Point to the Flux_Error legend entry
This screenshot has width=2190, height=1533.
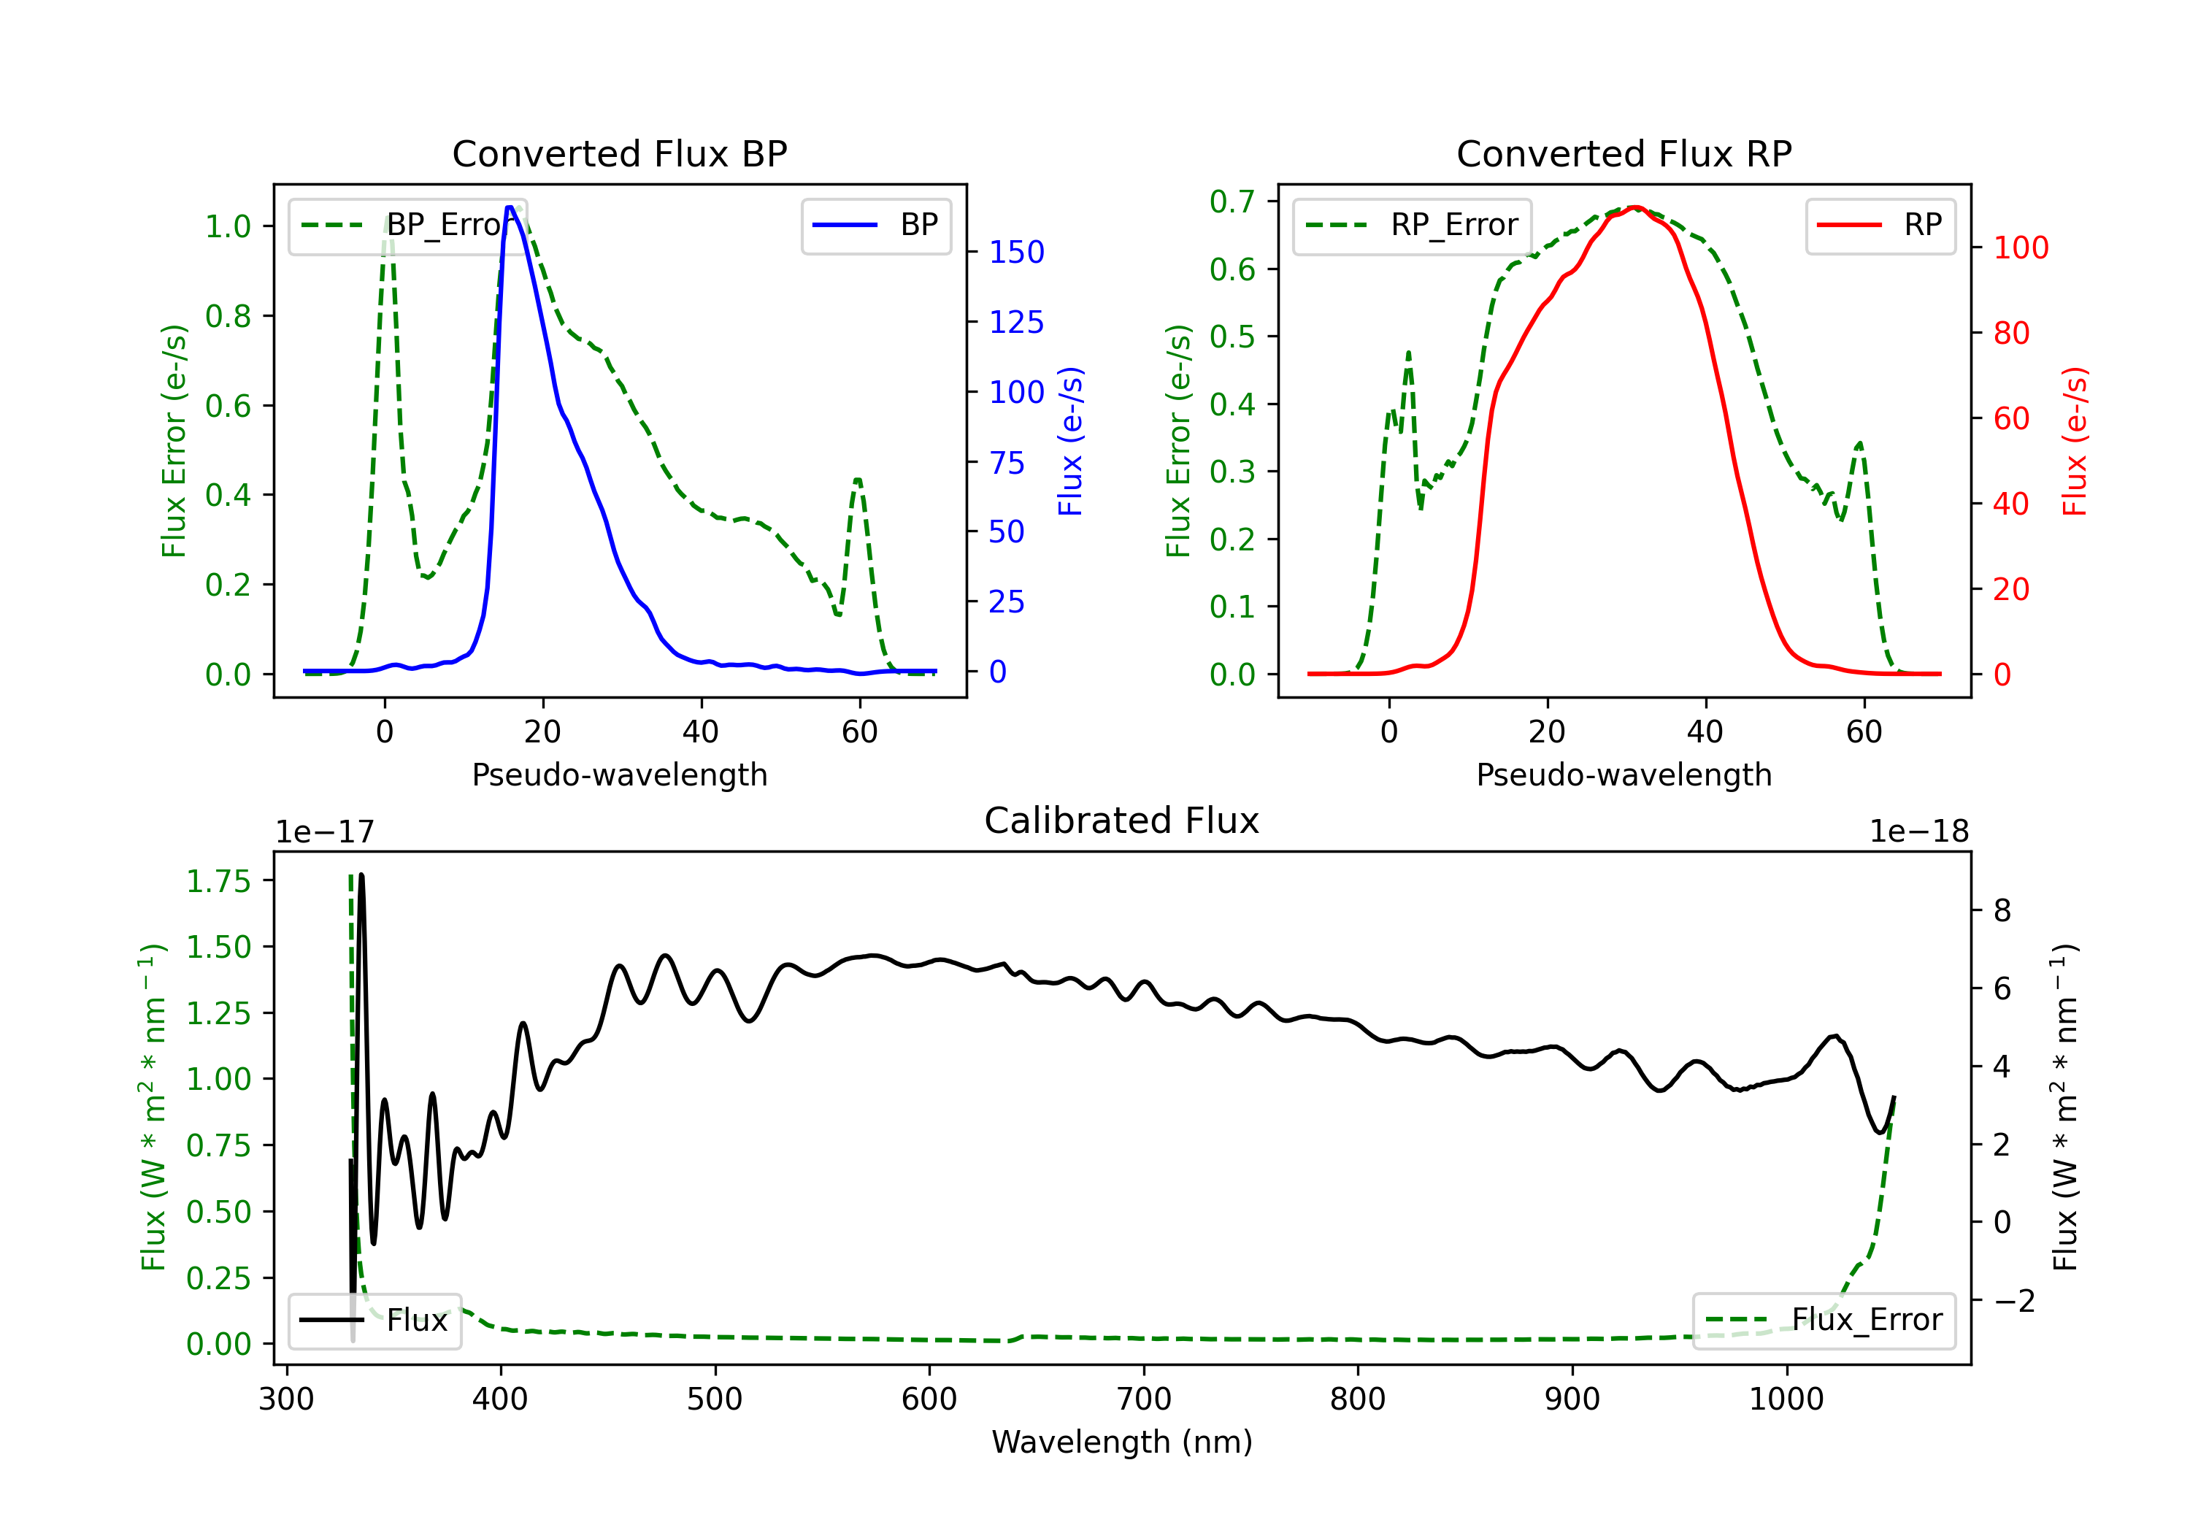coord(1823,1321)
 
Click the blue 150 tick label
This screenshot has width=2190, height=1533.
coord(1016,253)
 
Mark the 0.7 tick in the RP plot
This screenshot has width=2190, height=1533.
coord(1232,201)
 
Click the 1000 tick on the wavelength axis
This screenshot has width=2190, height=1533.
coord(1786,1399)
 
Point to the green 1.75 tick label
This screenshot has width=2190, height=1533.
coord(218,881)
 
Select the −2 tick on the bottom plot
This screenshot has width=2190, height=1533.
coord(2013,1300)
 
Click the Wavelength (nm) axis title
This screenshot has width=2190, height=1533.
coord(1122,1442)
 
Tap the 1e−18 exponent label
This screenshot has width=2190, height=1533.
coord(1918,832)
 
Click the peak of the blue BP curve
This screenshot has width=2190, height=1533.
coord(510,207)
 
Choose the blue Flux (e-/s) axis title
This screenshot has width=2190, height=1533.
coord(1070,442)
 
